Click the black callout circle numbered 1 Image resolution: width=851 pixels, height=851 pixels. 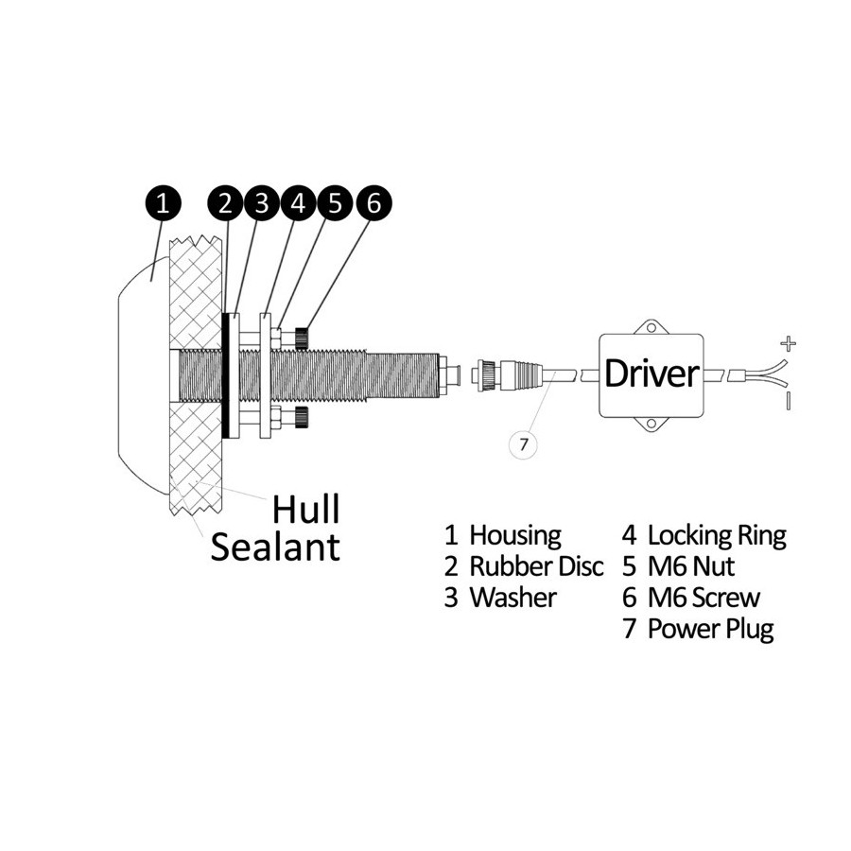(x=163, y=203)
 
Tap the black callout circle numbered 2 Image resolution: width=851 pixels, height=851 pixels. (x=226, y=203)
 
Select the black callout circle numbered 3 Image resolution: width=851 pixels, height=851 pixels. (x=262, y=203)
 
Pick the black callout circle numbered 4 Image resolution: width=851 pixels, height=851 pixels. (x=299, y=203)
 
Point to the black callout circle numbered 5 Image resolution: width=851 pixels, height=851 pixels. (x=336, y=203)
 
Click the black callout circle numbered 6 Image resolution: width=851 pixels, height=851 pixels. (x=373, y=203)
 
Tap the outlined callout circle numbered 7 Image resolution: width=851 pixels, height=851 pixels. (x=523, y=444)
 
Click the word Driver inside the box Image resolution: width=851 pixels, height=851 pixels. (x=651, y=373)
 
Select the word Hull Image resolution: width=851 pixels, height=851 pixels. (x=306, y=509)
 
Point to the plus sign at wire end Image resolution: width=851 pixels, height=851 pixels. (x=788, y=343)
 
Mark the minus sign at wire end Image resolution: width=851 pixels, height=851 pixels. (x=788, y=401)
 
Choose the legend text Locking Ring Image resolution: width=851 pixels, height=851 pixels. (x=717, y=536)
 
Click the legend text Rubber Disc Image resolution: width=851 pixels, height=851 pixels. (x=536, y=566)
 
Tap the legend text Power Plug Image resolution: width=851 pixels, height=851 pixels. (x=711, y=630)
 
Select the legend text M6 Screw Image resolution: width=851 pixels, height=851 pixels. (x=703, y=598)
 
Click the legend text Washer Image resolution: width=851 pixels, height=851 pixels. (x=512, y=598)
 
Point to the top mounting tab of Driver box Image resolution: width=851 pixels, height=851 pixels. (x=651, y=327)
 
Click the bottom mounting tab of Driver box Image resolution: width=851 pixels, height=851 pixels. (x=651, y=424)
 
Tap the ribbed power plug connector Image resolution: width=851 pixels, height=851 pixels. (x=508, y=374)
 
